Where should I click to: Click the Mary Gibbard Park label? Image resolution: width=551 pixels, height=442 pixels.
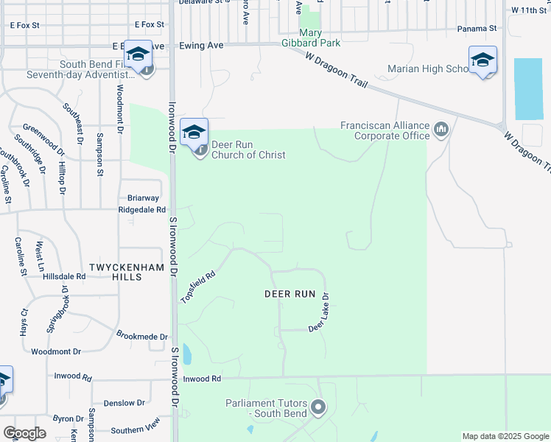tap(320, 38)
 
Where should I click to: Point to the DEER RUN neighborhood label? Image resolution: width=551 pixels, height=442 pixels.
tap(289, 293)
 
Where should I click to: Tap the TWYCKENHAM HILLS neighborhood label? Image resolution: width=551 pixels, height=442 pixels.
tap(119, 270)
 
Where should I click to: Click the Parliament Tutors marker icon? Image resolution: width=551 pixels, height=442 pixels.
tap(318, 407)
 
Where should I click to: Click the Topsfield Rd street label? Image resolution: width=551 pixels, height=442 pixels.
tap(197, 287)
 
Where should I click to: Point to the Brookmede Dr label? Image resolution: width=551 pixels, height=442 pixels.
tap(142, 336)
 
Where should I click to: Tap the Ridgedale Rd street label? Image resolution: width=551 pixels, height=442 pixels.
tap(142, 209)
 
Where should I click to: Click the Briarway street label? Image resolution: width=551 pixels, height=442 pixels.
tap(143, 197)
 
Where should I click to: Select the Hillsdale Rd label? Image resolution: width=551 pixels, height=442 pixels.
tap(64, 276)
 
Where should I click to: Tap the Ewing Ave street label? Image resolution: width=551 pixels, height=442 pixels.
tap(201, 46)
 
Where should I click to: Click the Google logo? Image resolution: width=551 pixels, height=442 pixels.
tap(24, 433)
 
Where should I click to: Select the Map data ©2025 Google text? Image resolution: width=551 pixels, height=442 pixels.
tap(505, 436)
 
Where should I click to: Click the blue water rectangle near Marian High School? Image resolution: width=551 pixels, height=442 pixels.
tap(528, 88)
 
